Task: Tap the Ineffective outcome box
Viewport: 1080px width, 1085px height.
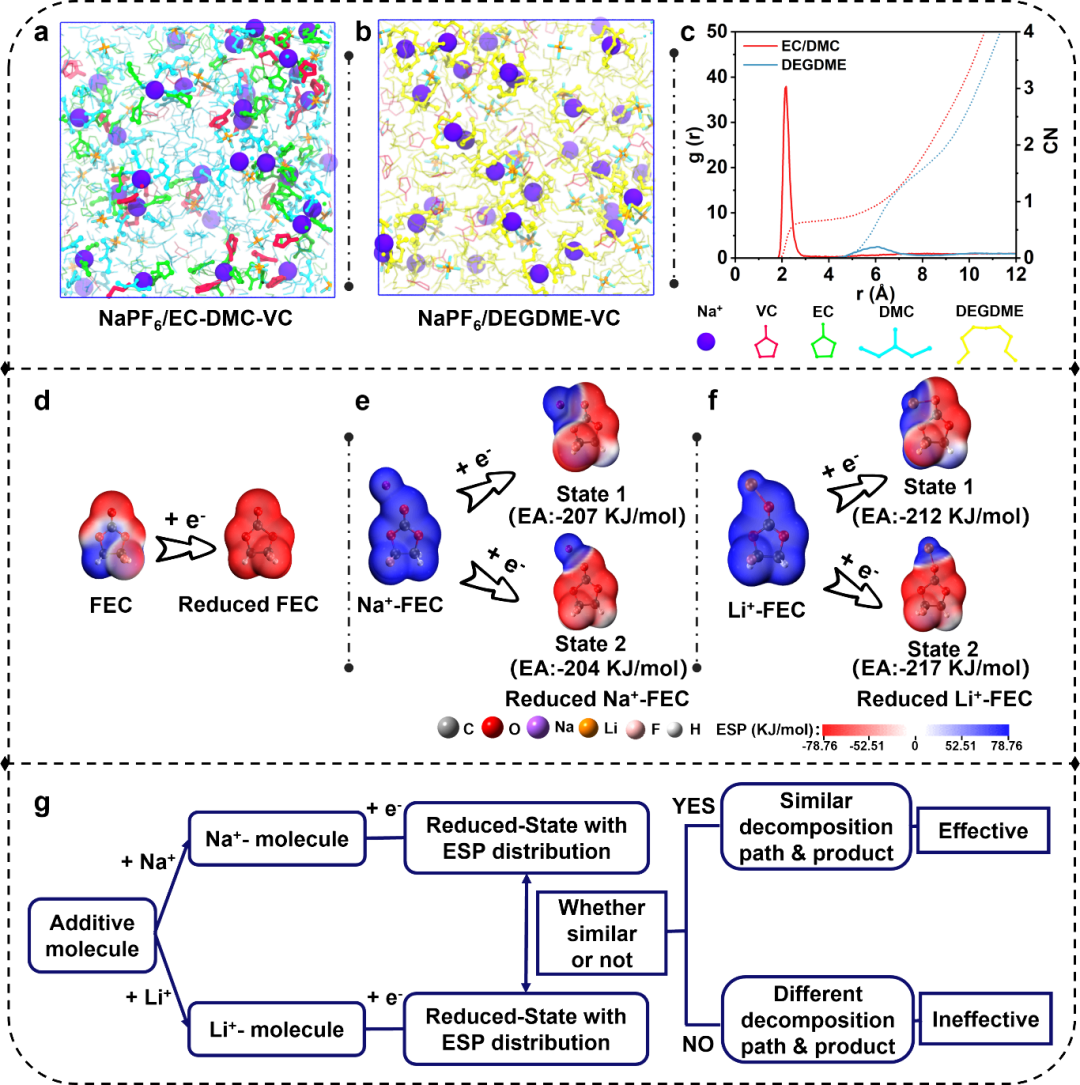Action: click(986, 1021)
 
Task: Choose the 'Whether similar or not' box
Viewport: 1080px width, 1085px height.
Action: click(602, 933)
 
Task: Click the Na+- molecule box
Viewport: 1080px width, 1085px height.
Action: click(269, 839)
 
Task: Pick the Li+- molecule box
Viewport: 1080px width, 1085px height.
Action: click(269, 1028)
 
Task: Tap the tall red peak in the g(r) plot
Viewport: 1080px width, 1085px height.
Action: click(786, 90)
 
